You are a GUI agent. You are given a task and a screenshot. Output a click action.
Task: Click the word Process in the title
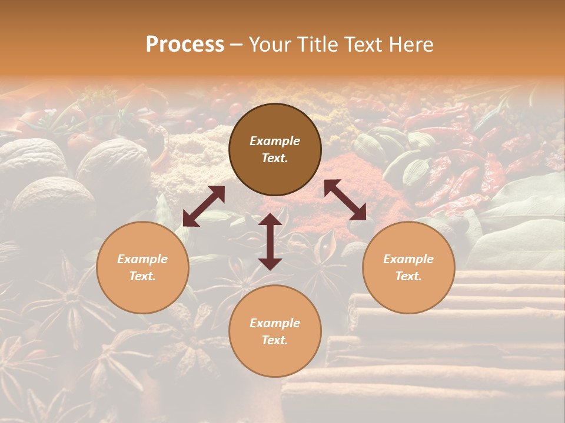pos(185,45)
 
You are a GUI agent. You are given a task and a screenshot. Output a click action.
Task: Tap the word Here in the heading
pos(412,45)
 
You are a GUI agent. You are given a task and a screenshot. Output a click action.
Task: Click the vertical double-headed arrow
pos(270,241)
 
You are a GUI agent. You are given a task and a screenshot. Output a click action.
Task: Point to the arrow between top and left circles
pos(204,206)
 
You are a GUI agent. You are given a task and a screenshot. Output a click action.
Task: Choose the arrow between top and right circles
pos(345,200)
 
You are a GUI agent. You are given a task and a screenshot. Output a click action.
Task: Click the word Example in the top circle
pos(275,141)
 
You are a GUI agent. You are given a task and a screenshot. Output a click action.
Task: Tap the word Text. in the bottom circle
pos(275,340)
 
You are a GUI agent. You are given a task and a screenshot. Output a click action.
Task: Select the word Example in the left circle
pos(142,259)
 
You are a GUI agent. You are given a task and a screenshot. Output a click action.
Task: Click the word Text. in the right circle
pos(408,276)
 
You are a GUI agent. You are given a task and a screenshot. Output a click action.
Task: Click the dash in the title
pos(236,45)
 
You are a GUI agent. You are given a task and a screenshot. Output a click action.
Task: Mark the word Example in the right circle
pos(408,259)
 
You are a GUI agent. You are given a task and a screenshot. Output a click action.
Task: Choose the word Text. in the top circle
pos(275,158)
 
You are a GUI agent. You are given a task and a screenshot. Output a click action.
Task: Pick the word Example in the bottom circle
pos(275,323)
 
